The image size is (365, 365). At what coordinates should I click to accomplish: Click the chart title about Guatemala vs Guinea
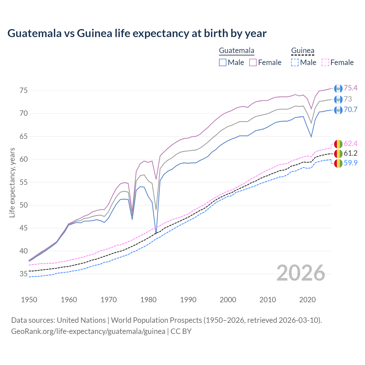pyautogui.click(x=137, y=33)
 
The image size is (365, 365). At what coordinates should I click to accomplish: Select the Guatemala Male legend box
pyautogui.click(x=223, y=62)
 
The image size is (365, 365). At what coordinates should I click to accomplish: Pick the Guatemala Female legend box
pyautogui.click(x=253, y=62)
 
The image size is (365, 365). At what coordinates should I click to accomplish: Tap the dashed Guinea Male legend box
pyautogui.click(x=295, y=62)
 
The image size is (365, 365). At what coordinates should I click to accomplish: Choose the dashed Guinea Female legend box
pyautogui.click(x=325, y=62)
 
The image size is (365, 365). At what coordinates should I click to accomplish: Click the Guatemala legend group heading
pyautogui.click(x=236, y=51)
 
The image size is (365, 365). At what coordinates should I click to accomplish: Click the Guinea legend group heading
pyautogui.click(x=303, y=51)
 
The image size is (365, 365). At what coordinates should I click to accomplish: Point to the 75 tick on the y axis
pyautogui.click(x=24, y=91)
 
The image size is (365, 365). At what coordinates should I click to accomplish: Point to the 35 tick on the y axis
pyautogui.click(x=24, y=274)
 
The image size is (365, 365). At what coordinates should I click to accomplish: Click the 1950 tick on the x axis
pyautogui.click(x=29, y=300)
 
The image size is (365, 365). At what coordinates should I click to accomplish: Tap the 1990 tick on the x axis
pyautogui.click(x=188, y=300)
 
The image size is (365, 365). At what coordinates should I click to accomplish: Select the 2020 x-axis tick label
pyautogui.click(x=307, y=300)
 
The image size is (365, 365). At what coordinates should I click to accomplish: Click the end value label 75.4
pyautogui.click(x=350, y=88)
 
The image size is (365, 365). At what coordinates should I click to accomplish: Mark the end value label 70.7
pyautogui.click(x=350, y=110)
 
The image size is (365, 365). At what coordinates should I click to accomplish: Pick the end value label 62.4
pyautogui.click(x=350, y=143)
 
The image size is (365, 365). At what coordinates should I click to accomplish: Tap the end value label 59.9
pyautogui.click(x=350, y=163)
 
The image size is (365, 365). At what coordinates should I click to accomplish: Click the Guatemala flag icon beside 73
pyautogui.click(x=338, y=99)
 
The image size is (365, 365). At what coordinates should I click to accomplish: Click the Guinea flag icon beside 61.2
pyautogui.click(x=338, y=153)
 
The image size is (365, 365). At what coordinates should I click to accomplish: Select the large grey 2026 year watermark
pyautogui.click(x=301, y=273)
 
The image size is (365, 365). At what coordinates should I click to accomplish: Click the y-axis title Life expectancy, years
pyautogui.click(x=12, y=182)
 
